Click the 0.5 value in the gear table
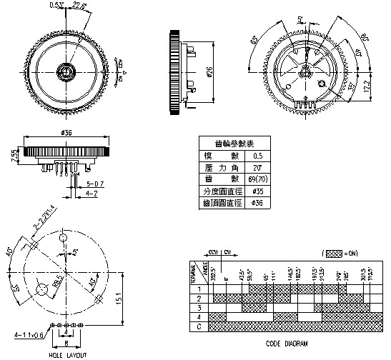click(x=257, y=155)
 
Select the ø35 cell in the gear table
click(x=257, y=191)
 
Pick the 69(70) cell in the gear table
click(x=257, y=179)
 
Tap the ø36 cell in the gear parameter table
click(x=257, y=204)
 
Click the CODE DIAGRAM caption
click(x=287, y=344)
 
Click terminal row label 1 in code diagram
click(x=199, y=288)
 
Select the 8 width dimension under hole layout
click(x=65, y=343)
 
